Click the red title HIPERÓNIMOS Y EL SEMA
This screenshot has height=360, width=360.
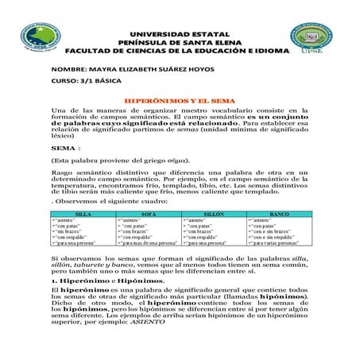pyautogui.click(x=179, y=100)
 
